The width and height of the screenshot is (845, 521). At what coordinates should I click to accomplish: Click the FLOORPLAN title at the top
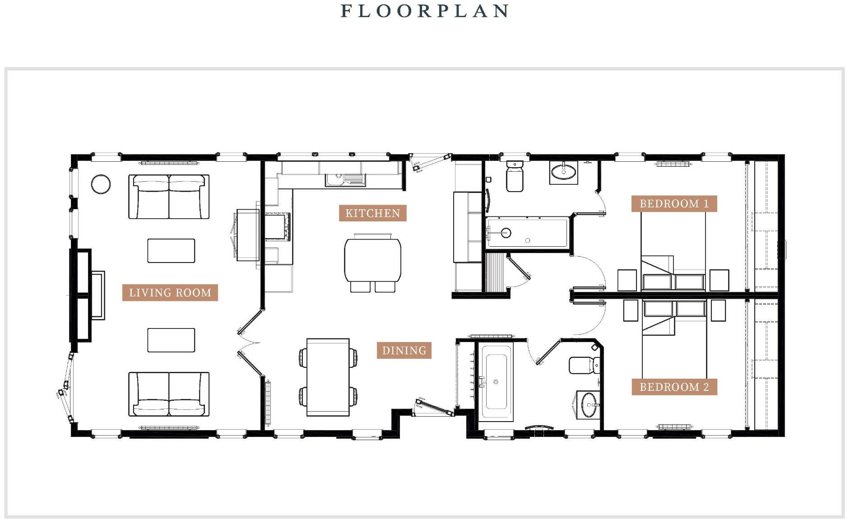pos(424,11)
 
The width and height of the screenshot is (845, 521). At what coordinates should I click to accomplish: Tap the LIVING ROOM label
pos(170,292)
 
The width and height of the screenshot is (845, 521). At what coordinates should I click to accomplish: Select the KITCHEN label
pos(372,213)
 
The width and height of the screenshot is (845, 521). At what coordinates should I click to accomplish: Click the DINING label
pos(404,350)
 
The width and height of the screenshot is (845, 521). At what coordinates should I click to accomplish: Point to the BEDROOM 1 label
pos(674,203)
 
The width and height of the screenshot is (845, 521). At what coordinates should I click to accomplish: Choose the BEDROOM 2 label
pos(674,387)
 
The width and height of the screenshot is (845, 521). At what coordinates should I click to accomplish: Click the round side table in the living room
pos(101,184)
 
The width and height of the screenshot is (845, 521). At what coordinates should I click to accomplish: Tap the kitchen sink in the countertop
pos(345,180)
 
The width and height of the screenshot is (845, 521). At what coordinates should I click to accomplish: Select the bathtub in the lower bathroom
pos(495,382)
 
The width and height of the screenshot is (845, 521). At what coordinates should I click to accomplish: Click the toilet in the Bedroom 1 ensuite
pos(515,177)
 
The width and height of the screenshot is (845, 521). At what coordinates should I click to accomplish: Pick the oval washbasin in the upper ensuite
pos(563,172)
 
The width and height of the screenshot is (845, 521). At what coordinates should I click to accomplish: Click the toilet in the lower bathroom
pos(584,365)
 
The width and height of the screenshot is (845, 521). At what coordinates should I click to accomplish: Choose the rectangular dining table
pos(328,377)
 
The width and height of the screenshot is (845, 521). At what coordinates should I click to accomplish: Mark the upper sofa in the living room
pos(169,197)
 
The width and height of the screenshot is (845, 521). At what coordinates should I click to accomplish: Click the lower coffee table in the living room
pos(171,340)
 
